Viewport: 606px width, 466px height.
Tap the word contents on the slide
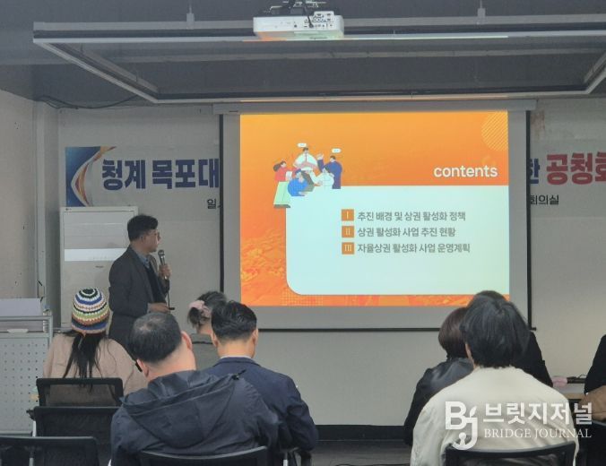[x=465, y=171]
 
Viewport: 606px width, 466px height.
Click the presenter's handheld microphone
[x=162, y=261]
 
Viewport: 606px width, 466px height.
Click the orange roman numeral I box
[x=348, y=215]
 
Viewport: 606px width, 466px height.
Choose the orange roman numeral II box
[x=348, y=231]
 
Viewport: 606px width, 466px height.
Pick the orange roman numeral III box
[x=348, y=247]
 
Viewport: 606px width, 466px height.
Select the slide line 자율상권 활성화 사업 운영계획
[x=413, y=247]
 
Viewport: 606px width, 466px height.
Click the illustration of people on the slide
[x=307, y=174]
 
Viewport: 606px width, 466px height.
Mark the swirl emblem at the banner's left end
[x=81, y=175]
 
